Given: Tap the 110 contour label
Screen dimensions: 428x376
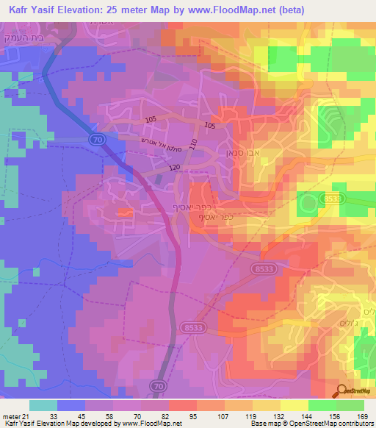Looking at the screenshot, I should [193, 148].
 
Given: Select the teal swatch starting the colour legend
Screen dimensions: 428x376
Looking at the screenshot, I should [43, 405].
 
